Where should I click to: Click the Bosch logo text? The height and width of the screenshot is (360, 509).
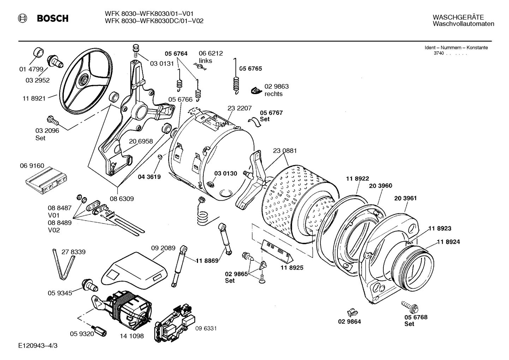(53, 18)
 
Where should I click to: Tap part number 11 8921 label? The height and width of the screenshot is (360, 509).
(34, 99)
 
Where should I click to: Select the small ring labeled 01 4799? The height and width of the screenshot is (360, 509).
(38, 52)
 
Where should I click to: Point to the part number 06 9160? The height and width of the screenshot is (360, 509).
(32, 165)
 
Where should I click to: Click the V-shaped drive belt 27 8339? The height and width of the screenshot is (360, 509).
(64, 263)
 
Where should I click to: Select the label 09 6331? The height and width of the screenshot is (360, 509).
(206, 328)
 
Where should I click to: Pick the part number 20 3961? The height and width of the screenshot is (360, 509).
(405, 198)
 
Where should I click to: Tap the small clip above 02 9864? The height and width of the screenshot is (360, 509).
(352, 312)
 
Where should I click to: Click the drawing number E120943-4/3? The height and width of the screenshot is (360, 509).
(38, 345)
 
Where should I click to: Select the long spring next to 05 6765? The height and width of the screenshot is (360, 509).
(236, 77)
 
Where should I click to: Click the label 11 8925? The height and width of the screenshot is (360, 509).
(292, 268)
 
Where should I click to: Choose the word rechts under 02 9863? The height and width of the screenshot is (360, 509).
(274, 94)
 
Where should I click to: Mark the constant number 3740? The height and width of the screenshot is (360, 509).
(438, 53)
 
